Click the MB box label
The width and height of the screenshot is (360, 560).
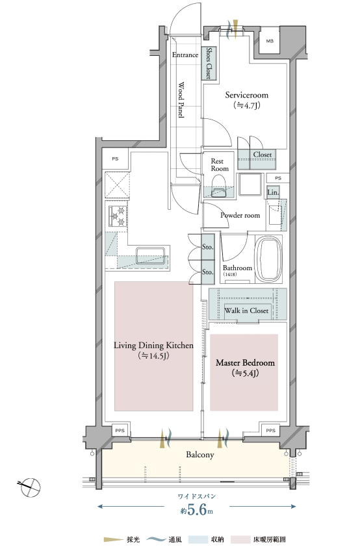coord(270,41)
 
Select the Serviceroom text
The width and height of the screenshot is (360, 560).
coord(246,95)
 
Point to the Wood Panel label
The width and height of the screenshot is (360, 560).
coord(181,100)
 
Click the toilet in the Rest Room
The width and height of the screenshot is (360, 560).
coord(219,188)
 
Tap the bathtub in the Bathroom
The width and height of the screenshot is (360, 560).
coord(268,259)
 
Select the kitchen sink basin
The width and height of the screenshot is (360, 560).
coord(150,255)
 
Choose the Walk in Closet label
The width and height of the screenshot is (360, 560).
coord(246,311)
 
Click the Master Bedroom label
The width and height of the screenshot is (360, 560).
coord(245,363)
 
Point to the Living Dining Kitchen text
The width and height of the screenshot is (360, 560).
coord(153,346)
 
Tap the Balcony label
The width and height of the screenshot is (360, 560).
coord(200,455)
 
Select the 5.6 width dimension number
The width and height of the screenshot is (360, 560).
coord(197,509)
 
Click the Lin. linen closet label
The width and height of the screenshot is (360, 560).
coord(273,192)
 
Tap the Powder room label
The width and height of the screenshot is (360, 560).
coord(240,215)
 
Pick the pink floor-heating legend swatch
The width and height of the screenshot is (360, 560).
coord(240,540)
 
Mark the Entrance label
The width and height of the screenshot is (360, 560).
coord(185,55)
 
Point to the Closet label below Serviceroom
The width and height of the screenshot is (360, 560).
coord(263,155)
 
